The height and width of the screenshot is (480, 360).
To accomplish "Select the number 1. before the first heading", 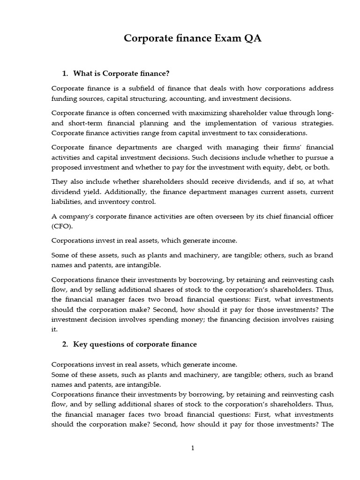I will [65, 74].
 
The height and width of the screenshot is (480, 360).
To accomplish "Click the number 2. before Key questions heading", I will [65, 344].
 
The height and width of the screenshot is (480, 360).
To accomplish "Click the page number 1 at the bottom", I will [193, 448].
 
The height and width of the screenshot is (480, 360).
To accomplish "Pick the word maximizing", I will [195, 113].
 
